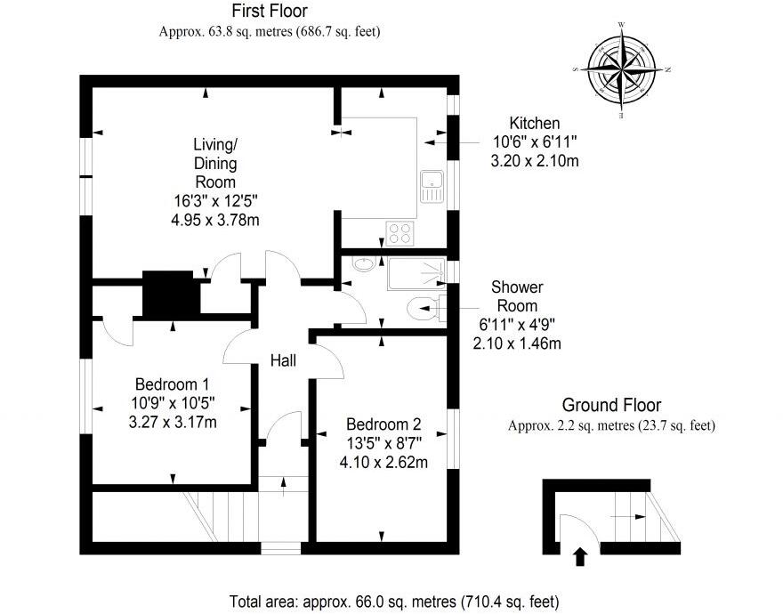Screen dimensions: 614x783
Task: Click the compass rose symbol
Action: click(x=621, y=69)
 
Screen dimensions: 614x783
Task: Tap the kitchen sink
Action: click(x=432, y=185)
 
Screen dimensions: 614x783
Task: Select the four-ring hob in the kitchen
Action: click(x=401, y=232)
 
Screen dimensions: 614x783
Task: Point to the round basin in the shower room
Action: click(x=363, y=264)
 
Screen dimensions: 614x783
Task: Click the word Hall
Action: click(x=284, y=360)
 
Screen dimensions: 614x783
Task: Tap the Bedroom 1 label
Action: click(x=172, y=385)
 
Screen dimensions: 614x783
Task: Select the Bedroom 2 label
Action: click(x=383, y=424)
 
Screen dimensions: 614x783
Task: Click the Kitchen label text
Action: click(x=534, y=123)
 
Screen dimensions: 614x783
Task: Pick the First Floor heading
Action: click(x=270, y=12)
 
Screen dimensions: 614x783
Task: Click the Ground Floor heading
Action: click(x=610, y=406)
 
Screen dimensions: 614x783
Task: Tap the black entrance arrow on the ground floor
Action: click(x=580, y=557)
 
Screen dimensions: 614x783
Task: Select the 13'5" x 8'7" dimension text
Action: click(x=383, y=443)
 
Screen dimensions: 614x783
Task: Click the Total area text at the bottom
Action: click(x=394, y=601)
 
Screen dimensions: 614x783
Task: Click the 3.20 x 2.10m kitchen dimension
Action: click(x=535, y=161)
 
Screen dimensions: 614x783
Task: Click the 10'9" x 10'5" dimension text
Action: click(x=172, y=404)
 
